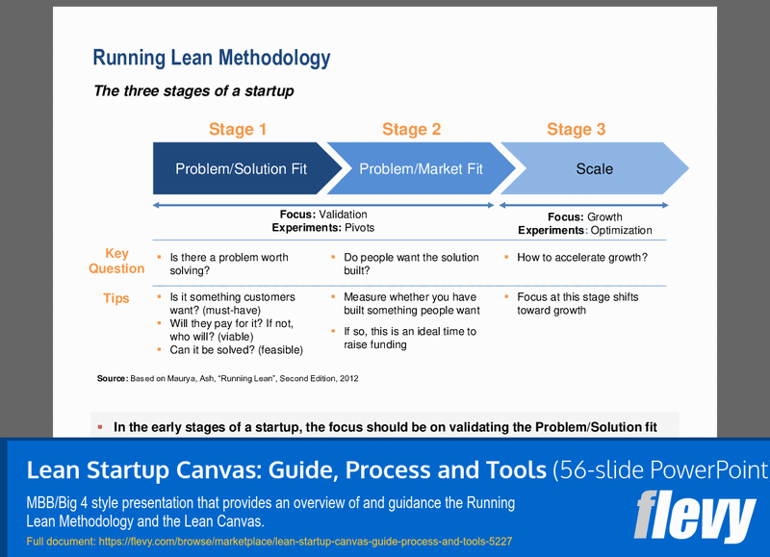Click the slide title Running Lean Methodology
(211, 58)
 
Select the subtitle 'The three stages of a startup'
(192, 91)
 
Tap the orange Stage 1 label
(238, 129)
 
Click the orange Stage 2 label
(411, 129)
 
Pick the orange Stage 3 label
(576, 129)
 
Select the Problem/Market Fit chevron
(421, 168)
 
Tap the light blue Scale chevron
(594, 168)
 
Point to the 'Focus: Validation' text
(322, 215)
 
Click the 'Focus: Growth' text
(584, 216)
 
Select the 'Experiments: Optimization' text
(584, 230)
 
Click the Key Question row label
(116, 261)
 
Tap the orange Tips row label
(115, 298)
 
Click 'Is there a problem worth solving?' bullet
(228, 264)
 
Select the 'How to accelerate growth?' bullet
(581, 258)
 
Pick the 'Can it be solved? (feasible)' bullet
(236, 349)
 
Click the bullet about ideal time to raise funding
(409, 338)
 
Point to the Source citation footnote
(228, 379)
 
